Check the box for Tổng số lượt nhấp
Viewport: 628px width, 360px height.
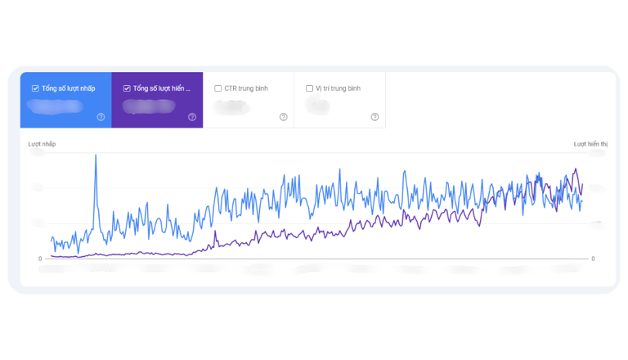(x=35, y=88)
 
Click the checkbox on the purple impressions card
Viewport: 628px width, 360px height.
(x=127, y=88)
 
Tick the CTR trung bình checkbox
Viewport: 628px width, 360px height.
(x=218, y=88)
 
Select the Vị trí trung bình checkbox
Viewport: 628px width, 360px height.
(x=310, y=88)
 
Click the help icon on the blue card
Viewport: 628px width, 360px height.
(x=101, y=117)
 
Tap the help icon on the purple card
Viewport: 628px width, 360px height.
(x=192, y=117)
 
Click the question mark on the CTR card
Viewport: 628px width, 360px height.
(x=284, y=117)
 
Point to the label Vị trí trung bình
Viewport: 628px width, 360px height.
(x=339, y=88)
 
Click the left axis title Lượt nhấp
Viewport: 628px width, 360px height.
(x=43, y=145)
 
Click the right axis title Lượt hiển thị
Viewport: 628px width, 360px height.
(x=590, y=145)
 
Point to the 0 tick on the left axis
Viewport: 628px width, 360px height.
(x=40, y=259)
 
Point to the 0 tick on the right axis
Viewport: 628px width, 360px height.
(x=594, y=259)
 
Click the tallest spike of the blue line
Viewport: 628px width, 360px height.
(x=96, y=155)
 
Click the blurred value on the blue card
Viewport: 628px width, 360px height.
(x=56, y=106)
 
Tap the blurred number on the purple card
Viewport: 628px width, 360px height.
(x=148, y=106)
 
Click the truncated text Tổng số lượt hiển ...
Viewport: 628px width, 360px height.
(x=163, y=88)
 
